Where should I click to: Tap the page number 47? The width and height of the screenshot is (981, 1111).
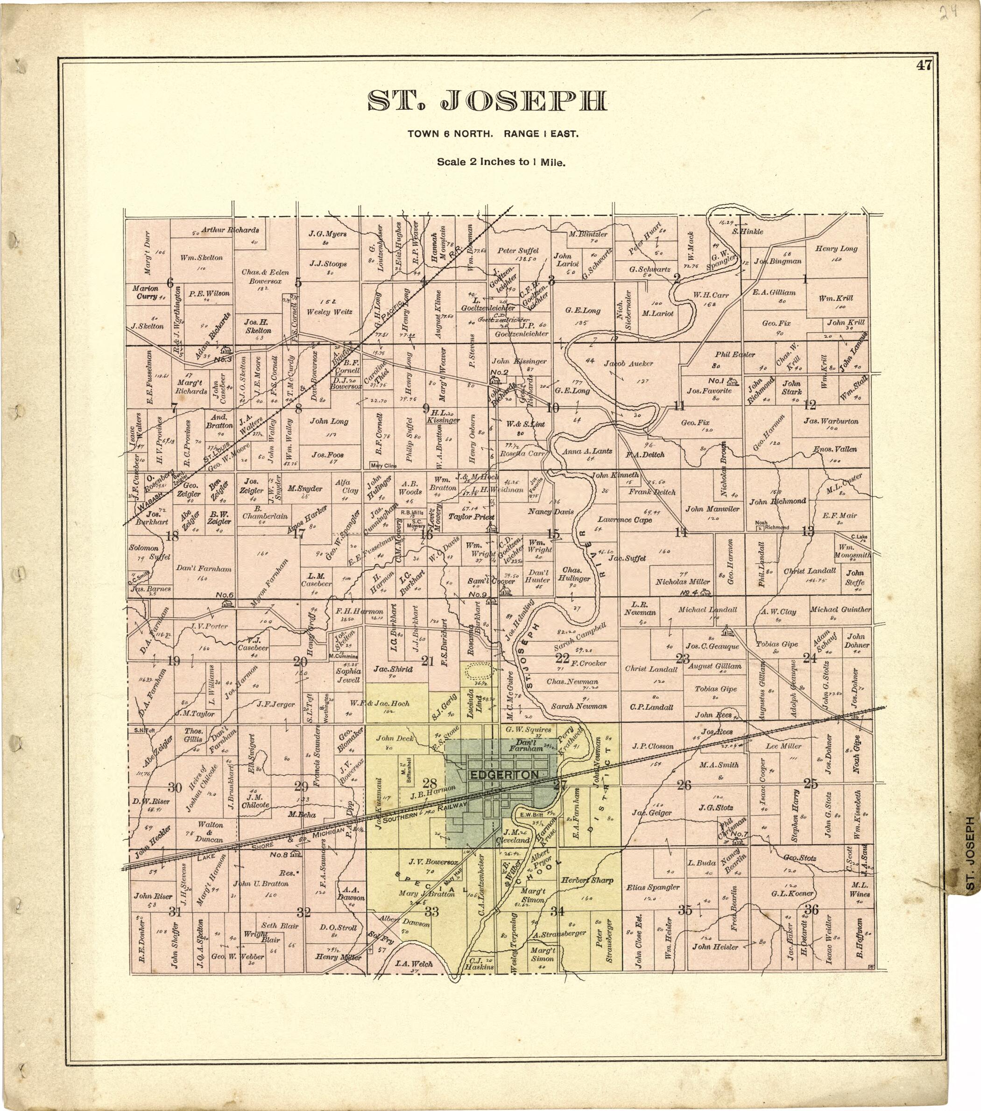coord(924,66)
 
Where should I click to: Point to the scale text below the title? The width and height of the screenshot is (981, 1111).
coord(501,162)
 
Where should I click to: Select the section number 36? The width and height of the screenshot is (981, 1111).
coord(812,909)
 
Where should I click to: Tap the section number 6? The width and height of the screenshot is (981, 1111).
coord(170,282)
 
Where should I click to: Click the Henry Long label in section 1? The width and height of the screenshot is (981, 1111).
coord(836,249)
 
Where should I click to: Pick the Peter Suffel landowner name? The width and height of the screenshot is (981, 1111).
coord(518,251)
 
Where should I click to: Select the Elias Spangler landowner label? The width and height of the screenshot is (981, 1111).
coord(653,887)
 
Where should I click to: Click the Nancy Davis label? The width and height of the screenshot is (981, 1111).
coord(550,511)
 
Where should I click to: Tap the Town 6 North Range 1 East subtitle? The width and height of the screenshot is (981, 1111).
coord(493,134)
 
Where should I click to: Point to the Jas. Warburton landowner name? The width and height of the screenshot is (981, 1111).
coord(832,421)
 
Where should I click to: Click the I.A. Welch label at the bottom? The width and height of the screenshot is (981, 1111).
coord(414,964)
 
